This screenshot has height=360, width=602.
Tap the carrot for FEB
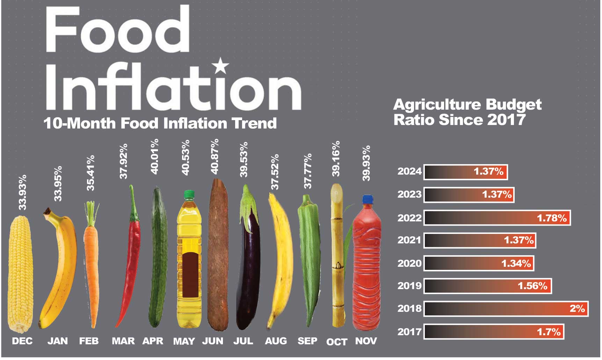tap(92, 265)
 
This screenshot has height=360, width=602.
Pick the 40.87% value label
tap(215, 156)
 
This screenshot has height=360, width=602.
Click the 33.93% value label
tap(22, 192)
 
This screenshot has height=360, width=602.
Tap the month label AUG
tap(276, 341)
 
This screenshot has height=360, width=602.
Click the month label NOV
tap(366, 341)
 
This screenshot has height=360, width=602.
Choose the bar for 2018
tap(506, 309)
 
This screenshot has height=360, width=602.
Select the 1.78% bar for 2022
tap(497, 218)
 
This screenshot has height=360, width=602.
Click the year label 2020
tap(409, 263)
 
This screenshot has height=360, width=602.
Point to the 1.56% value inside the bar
tap(532, 286)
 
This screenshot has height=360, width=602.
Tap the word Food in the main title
tap(117, 30)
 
